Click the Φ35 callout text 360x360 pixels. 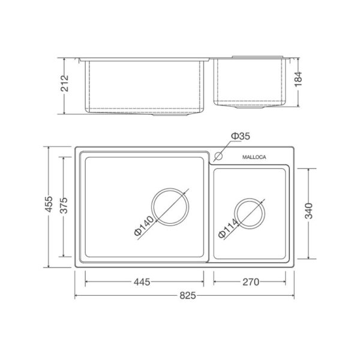[x=240, y=137]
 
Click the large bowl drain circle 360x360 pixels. [x=170, y=208]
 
